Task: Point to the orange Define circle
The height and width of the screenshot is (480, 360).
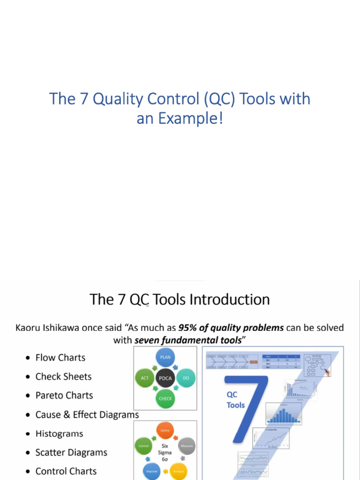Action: pos(165,430)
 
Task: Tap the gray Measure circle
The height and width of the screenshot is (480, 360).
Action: pos(187,446)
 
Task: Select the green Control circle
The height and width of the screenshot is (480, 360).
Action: pos(143,446)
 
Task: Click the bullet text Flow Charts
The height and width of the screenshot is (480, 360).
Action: pos(60,358)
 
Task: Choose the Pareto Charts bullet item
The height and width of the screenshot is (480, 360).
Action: pos(64,395)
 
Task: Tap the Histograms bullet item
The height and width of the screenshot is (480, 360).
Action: pos(59,434)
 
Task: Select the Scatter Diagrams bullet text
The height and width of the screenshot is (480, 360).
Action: pos(71,452)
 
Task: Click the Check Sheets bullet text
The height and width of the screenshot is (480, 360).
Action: pos(63,376)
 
